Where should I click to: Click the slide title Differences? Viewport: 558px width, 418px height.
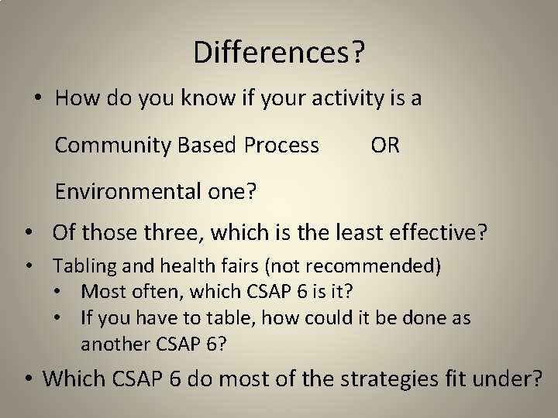coord(279,53)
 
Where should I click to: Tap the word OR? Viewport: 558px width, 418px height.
coord(385,145)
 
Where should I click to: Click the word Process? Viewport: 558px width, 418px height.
coord(281,145)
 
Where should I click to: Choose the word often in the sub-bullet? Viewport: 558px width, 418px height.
coord(139,293)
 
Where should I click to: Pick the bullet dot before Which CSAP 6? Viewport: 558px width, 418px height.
coord(28,379)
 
